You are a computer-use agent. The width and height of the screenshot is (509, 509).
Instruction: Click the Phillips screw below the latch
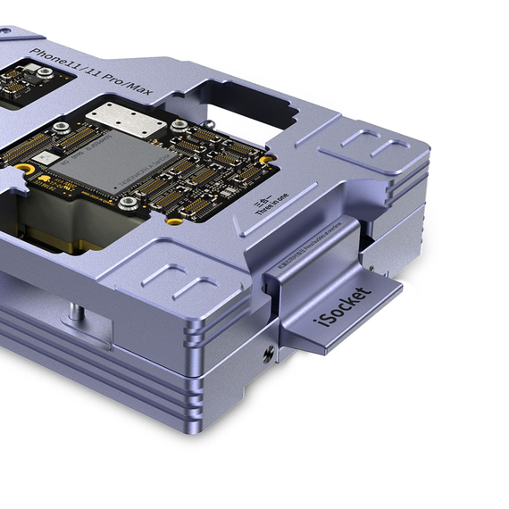coord(269,355)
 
